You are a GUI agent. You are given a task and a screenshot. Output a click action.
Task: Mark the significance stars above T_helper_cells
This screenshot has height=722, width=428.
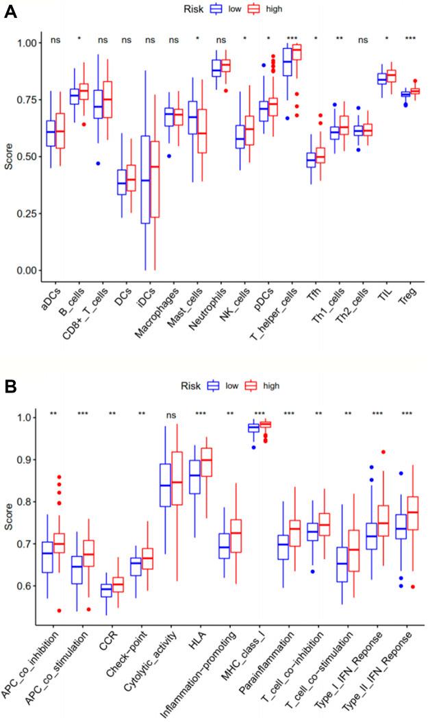pyautogui.click(x=292, y=39)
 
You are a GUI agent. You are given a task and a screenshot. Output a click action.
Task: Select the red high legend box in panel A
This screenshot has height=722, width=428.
pyautogui.click(x=251, y=9)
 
